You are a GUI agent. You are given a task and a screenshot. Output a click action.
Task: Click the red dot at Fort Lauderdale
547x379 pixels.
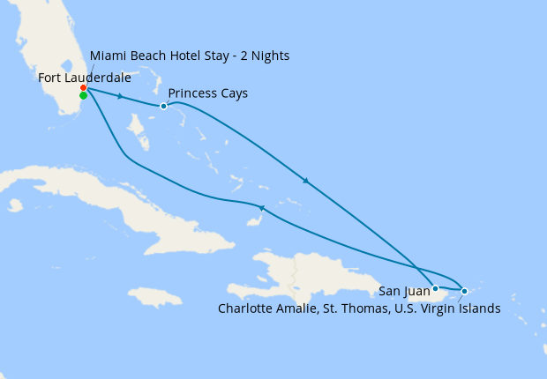point(83,88)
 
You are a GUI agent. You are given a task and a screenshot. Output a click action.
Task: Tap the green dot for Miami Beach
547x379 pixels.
point(83,96)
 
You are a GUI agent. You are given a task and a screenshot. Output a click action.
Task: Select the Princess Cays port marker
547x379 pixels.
point(163,107)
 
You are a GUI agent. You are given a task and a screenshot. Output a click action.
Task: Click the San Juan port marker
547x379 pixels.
point(435,288)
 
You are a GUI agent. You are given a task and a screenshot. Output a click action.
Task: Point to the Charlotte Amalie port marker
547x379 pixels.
point(465,290)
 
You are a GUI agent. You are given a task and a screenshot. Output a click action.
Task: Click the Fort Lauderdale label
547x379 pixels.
point(85,78)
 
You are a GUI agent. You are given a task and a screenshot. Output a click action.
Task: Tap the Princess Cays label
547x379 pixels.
point(207,93)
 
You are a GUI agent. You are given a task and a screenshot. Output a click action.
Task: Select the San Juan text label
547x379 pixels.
point(405,289)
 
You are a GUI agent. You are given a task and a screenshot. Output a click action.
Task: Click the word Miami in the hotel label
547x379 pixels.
point(108,56)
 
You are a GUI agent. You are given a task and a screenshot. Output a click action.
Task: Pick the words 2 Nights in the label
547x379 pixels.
point(264,56)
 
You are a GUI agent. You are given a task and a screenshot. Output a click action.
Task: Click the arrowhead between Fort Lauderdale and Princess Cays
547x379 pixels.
point(120,96)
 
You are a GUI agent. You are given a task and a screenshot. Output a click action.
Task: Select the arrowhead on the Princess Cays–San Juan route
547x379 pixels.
point(306,182)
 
